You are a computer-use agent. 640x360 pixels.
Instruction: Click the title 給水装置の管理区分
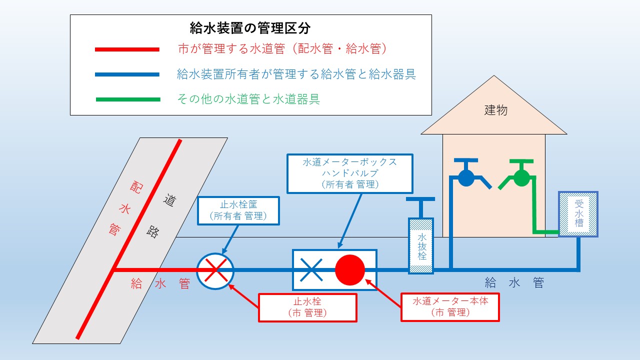(x=250, y=28)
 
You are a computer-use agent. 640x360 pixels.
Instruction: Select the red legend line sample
(x=127, y=49)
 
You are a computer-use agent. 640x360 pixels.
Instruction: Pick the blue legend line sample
(x=127, y=74)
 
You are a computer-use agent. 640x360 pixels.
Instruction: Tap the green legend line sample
(x=128, y=99)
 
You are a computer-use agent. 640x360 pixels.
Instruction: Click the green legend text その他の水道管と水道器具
(x=248, y=99)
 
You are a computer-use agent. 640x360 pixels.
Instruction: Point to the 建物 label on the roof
(x=495, y=110)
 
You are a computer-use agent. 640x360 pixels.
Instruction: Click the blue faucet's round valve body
(x=466, y=178)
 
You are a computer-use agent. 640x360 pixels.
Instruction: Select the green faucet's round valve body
(x=521, y=178)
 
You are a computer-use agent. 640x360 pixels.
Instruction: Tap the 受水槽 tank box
(x=578, y=214)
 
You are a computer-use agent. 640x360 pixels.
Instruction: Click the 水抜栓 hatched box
(x=421, y=245)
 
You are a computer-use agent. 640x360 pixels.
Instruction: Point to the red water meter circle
(x=350, y=270)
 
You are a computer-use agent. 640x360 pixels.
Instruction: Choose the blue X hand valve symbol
(x=311, y=270)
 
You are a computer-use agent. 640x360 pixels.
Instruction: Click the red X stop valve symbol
(x=216, y=270)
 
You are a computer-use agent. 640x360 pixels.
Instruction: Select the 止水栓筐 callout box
(x=238, y=210)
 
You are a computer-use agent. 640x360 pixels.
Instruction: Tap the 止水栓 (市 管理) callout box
(x=307, y=307)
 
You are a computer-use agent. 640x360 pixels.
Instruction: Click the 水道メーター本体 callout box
(x=450, y=307)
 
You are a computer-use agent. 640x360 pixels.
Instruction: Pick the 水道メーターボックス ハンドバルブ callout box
(x=350, y=173)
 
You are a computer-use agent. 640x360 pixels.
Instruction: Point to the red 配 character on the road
(x=136, y=187)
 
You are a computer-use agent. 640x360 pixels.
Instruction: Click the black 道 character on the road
(x=169, y=200)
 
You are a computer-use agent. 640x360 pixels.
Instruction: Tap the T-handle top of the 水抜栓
(x=420, y=199)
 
